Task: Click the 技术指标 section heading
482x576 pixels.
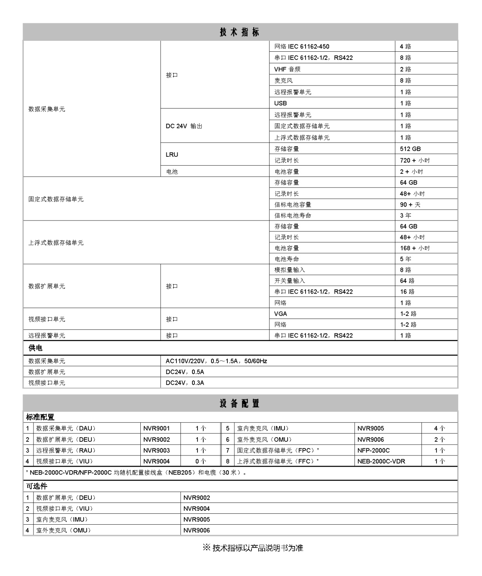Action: point(240,32)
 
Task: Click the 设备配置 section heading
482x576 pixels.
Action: point(240,404)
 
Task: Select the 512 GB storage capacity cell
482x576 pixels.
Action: point(410,149)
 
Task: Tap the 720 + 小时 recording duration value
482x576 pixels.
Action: point(415,160)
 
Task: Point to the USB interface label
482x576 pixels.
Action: point(281,103)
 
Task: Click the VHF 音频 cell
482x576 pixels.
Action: point(287,69)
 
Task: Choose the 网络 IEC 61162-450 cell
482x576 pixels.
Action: point(302,47)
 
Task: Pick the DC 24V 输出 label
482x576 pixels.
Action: point(184,126)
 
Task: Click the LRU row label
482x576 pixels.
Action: point(172,154)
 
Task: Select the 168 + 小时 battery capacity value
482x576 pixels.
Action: point(415,248)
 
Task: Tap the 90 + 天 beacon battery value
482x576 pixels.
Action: point(410,205)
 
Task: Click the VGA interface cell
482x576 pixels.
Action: point(281,314)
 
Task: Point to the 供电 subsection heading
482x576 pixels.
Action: point(35,348)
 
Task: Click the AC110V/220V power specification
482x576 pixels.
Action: point(216,361)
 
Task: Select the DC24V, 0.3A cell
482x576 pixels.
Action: point(185,383)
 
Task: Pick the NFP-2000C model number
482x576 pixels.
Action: point(373,450)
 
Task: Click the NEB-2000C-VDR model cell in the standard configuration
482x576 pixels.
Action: point(381,461)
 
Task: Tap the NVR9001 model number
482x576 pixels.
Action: point(156,428)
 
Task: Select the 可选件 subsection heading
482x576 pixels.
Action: point(37,486)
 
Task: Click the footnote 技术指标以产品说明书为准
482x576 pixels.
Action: point(253,548)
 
